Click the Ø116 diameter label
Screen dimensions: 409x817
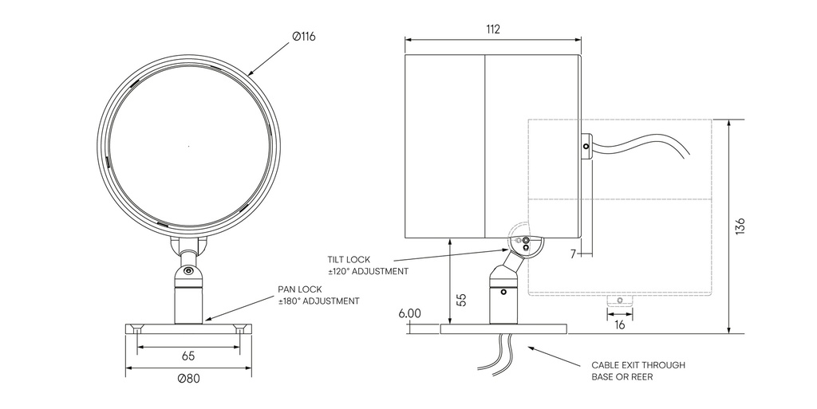click(303, 37)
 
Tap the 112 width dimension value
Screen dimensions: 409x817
click(492, 29)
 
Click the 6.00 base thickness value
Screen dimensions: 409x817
click(409, 313)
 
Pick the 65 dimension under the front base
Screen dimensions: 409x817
click(188, 356)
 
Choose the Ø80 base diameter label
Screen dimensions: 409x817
click(188, 379)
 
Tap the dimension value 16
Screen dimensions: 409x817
click(620, 324)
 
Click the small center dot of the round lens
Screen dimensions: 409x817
click(188, 146)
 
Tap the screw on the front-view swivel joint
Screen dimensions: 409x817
click(188, 271)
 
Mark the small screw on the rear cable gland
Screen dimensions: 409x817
click(586, 147)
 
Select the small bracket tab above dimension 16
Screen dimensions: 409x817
click(618, 301)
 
